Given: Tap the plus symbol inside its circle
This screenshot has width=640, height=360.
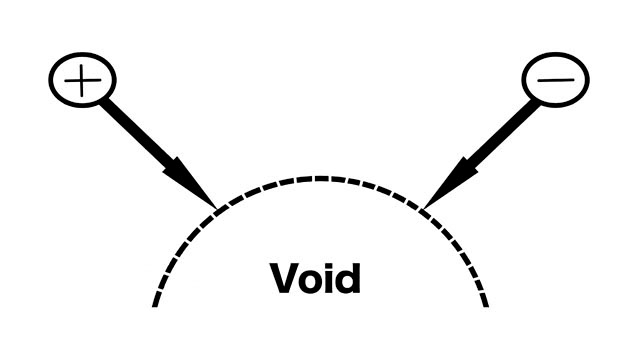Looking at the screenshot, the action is pos(82,80).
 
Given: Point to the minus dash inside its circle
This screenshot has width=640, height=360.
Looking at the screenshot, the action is pos(556,80).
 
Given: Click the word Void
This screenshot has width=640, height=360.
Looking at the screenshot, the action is pos(315,278).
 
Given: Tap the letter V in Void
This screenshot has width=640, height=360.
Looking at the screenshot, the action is pos(285,278).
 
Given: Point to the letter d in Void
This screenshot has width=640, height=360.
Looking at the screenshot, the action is pos(348,278).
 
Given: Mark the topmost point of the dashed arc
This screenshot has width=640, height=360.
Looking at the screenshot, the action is pos(321,178).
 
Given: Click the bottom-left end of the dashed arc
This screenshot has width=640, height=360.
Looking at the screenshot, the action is pos(154,305).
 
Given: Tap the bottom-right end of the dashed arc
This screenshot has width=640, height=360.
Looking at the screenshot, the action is pos(487,305).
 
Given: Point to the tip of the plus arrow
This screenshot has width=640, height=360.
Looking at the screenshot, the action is pos(216,209).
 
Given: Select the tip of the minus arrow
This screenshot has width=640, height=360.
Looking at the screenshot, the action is pos(423,209).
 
